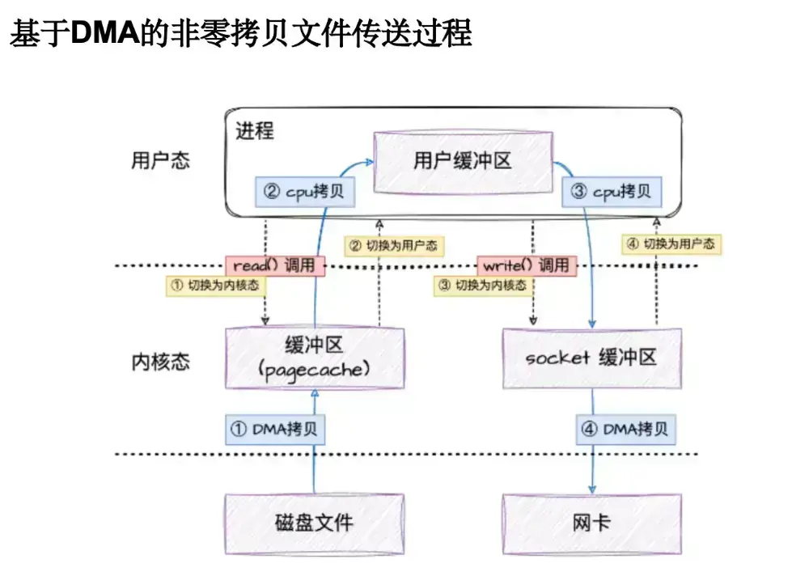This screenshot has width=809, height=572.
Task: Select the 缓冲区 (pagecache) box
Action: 315,358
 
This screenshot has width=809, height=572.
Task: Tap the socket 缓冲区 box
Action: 591,358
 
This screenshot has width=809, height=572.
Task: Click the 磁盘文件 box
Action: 315,522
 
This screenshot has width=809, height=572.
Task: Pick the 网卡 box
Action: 591,522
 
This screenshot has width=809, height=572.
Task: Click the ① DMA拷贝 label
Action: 274,430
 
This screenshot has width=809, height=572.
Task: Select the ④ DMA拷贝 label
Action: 626,430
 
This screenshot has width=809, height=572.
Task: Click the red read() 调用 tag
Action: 274,265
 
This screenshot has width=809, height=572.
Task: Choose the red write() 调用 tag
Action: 527,265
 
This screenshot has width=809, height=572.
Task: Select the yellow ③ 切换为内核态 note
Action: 481,286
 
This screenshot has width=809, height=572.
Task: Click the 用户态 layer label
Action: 160,160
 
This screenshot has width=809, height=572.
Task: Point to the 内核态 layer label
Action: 160,362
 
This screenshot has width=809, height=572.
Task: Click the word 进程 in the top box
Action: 255,130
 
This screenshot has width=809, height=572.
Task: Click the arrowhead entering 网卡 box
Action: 591,489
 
